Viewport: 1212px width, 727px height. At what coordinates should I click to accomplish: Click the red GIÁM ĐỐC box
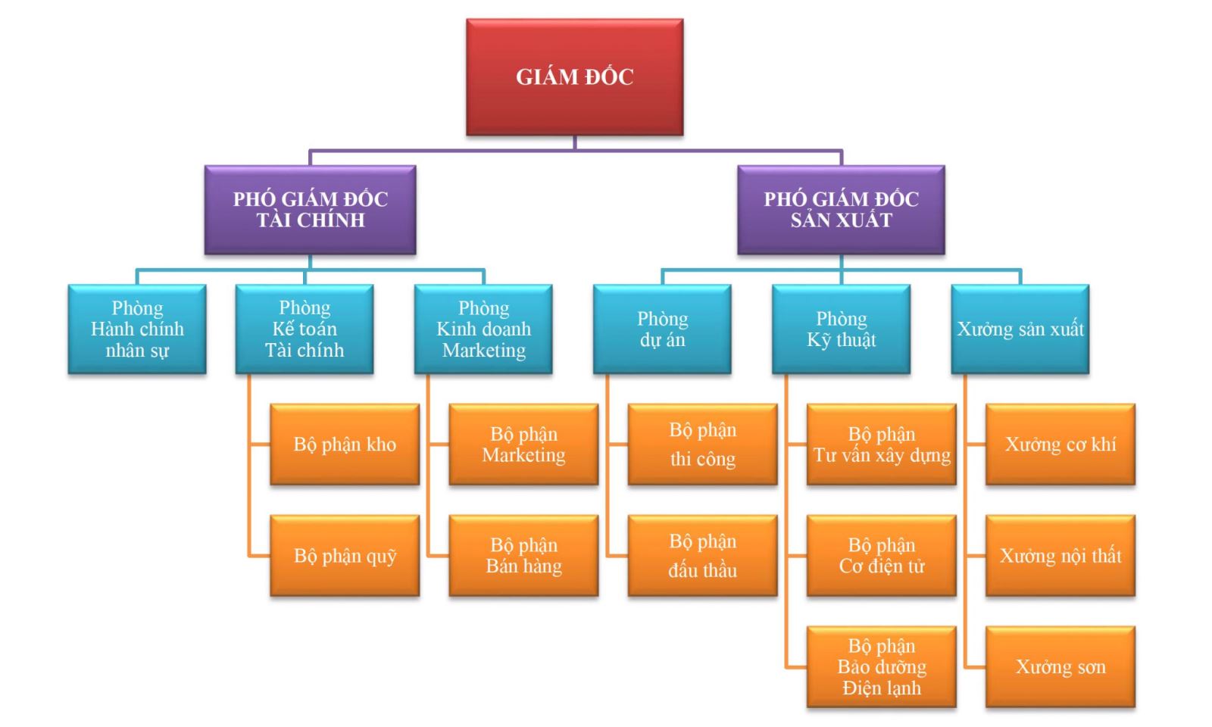click(574, 77)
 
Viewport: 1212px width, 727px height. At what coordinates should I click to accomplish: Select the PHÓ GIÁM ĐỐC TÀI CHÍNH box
click(310, 210)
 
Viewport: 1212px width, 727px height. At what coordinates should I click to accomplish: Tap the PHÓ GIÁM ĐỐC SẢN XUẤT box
click(841, 210)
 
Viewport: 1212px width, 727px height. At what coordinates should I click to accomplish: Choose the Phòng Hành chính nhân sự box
click(137, 329)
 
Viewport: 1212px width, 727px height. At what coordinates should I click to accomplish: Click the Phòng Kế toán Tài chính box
click(305, 329)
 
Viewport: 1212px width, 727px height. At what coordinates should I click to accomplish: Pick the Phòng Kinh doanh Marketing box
click(483, 329)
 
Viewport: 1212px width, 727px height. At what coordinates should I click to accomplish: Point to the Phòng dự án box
click(662, 329)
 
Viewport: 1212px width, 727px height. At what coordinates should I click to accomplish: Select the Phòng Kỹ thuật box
click(841, 329)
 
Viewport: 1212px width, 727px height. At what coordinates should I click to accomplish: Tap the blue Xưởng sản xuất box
click(1020, 329)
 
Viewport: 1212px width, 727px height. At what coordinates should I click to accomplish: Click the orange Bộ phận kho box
click(345, 445)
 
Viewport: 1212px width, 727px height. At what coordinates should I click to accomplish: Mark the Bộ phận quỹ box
click(345, 556)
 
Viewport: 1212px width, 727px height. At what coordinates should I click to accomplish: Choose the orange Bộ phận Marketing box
click(523, 445)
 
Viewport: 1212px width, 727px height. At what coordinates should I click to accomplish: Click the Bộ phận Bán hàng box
click(523, 556)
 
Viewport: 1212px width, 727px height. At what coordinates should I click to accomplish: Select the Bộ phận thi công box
click(702, 445)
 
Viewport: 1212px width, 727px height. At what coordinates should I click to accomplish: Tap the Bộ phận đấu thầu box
click(702, 556)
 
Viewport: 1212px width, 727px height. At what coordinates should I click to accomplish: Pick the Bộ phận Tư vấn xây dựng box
click(881, 445)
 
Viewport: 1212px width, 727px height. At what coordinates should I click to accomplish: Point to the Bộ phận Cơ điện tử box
click(881, 556)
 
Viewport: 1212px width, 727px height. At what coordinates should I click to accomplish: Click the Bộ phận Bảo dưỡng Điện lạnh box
click(881, 667)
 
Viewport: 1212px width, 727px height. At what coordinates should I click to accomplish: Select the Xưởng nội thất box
click(1060, 556)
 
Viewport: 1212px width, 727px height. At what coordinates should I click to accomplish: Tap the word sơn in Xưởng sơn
click(1091, 667)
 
